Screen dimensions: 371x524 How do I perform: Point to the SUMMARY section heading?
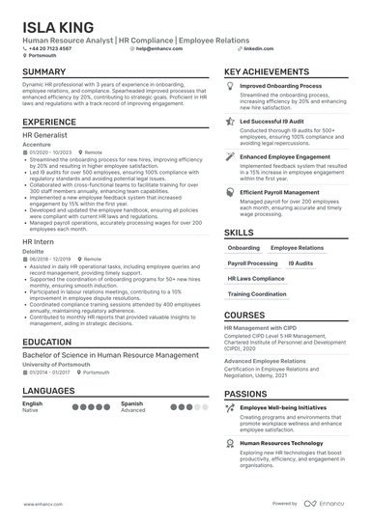point(44,72)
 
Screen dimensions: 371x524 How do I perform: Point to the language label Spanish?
point(131,403)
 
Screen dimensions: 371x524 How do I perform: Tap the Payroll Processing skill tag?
point(252,262)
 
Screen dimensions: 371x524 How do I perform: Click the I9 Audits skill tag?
point(300,262)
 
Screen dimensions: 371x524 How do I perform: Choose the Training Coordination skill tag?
point(257,293)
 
